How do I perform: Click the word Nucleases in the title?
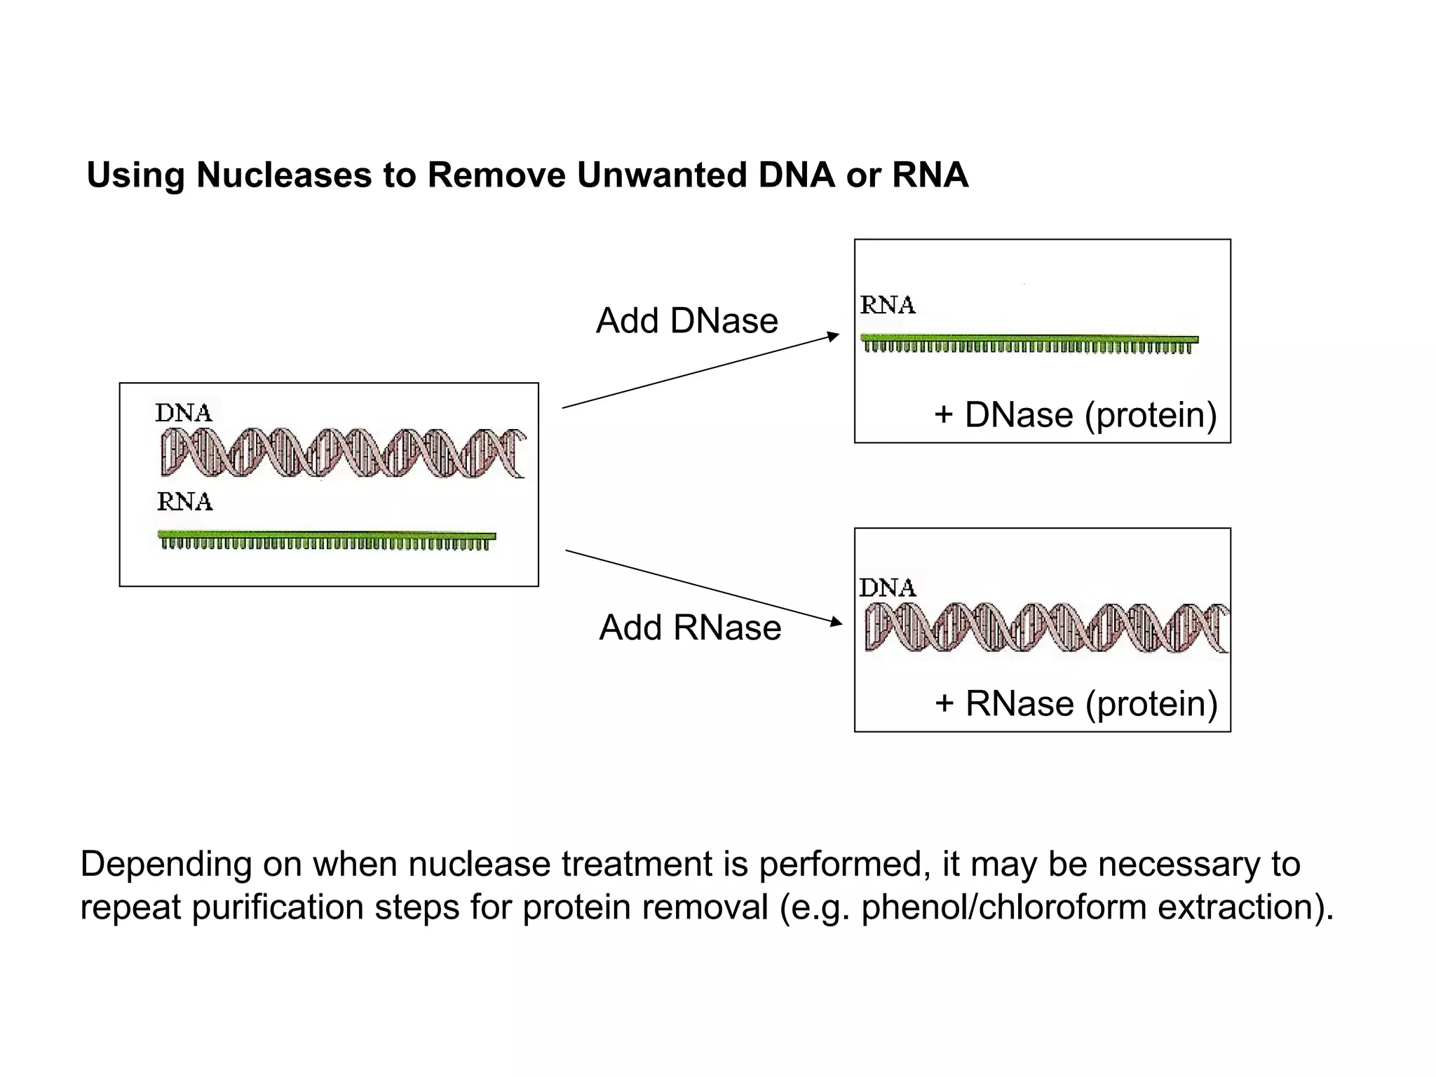pos(284,175)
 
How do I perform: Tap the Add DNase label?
pos(686,321)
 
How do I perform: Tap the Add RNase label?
pos(690,628)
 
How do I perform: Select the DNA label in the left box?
pos(184,413)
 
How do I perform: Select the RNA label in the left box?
pos(185,502)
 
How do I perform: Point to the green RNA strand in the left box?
pos(327,539)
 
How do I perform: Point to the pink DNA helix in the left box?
pos(342,453)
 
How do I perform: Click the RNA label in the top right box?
pos(888,305)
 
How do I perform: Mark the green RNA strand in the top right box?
pos(1029,343)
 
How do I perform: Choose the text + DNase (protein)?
pos(1075,415)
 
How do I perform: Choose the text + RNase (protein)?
pos(1076,703)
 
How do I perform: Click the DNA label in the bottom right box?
pos(888,588)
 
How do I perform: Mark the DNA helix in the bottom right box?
pos(1046,628)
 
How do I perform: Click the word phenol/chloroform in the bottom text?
pos(1003,907)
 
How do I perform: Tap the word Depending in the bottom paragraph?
pos(165,865)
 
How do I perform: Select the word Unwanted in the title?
pos(662,175)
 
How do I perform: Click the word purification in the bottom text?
pos(277,907)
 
